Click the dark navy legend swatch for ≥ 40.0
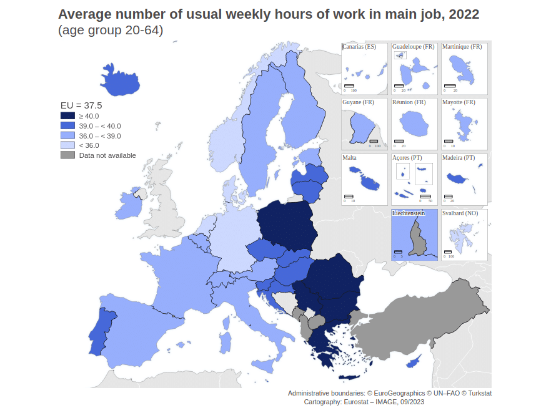(67, 115)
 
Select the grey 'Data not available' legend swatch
(67, 155)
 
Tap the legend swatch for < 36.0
(67, 145)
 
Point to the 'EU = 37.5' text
(81, 105)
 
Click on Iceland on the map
(118, 82)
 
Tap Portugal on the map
(98, 330)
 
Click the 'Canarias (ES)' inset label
(359, 47)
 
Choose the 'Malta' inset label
(350, 158)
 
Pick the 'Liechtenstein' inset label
(409, 213)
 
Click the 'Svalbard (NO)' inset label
(460, 213)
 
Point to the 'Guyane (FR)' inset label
(357, 102)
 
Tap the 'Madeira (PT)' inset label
(459, 158)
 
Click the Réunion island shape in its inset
(412, 124)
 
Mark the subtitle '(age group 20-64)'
(111, 30)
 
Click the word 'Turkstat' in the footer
(477, 393)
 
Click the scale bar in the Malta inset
(349, 197)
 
